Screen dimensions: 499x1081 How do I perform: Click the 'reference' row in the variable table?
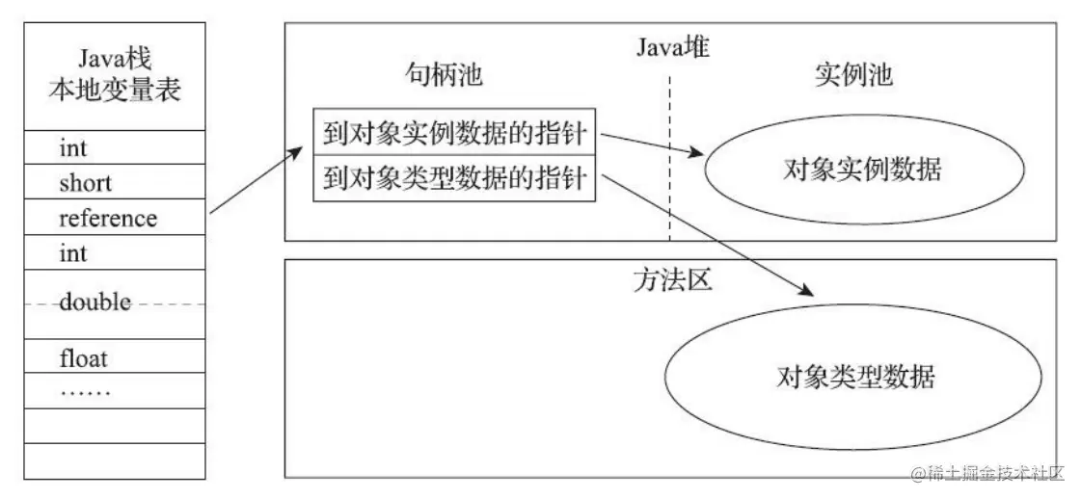108,218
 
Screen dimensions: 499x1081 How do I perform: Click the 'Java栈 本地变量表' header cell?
115,77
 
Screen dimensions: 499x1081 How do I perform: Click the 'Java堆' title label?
672,45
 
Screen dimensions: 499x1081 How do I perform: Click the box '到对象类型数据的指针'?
455,179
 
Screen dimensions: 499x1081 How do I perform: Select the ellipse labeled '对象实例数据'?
863,171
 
